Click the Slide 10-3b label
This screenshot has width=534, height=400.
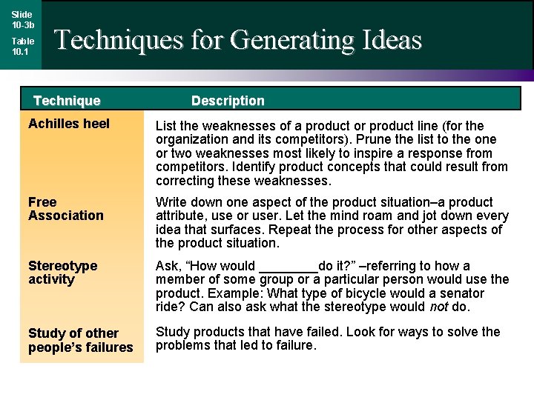coord(22,19)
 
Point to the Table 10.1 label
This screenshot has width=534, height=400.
coord(22,47)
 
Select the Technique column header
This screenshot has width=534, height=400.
coord(67,101)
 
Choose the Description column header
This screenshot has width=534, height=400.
coord(228,101)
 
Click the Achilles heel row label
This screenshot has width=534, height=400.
coord(68,124)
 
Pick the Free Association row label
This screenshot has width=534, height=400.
coord(66,209)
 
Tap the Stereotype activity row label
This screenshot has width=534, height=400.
coord(62,273)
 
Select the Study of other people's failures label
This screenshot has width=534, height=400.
coord(80,340)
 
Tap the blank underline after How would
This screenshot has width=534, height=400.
coord(288,267)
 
